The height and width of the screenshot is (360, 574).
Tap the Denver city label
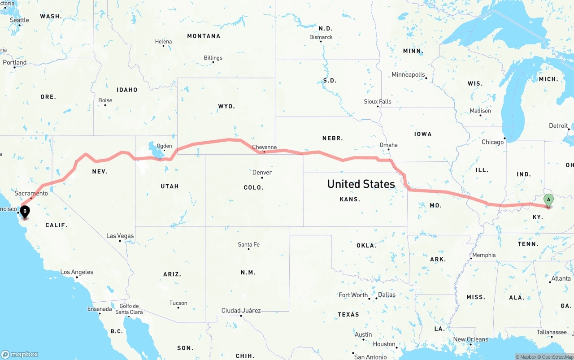pos(262,173)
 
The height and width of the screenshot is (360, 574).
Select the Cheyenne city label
pos(264,147)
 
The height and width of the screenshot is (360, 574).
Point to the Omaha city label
pos(388,145)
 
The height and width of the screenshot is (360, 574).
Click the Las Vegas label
pos(120,236)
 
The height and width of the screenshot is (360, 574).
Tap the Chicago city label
pos(492,142)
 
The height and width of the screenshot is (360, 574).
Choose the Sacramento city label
pos(31,193)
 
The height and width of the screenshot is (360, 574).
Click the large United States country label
pos(361,184)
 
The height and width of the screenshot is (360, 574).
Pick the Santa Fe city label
pos(248,244)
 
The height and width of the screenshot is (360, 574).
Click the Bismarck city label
pos(321,37)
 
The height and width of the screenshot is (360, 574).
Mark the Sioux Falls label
pos(378,102)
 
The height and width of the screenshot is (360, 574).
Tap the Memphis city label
pos(484,255)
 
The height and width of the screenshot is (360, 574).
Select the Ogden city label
pos(164,146)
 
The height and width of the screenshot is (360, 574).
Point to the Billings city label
pos(213,58)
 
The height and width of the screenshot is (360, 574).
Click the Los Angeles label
pos(77,272)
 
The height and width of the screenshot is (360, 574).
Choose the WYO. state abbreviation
pos(226,106)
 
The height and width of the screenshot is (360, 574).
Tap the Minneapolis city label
pos(408,74)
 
